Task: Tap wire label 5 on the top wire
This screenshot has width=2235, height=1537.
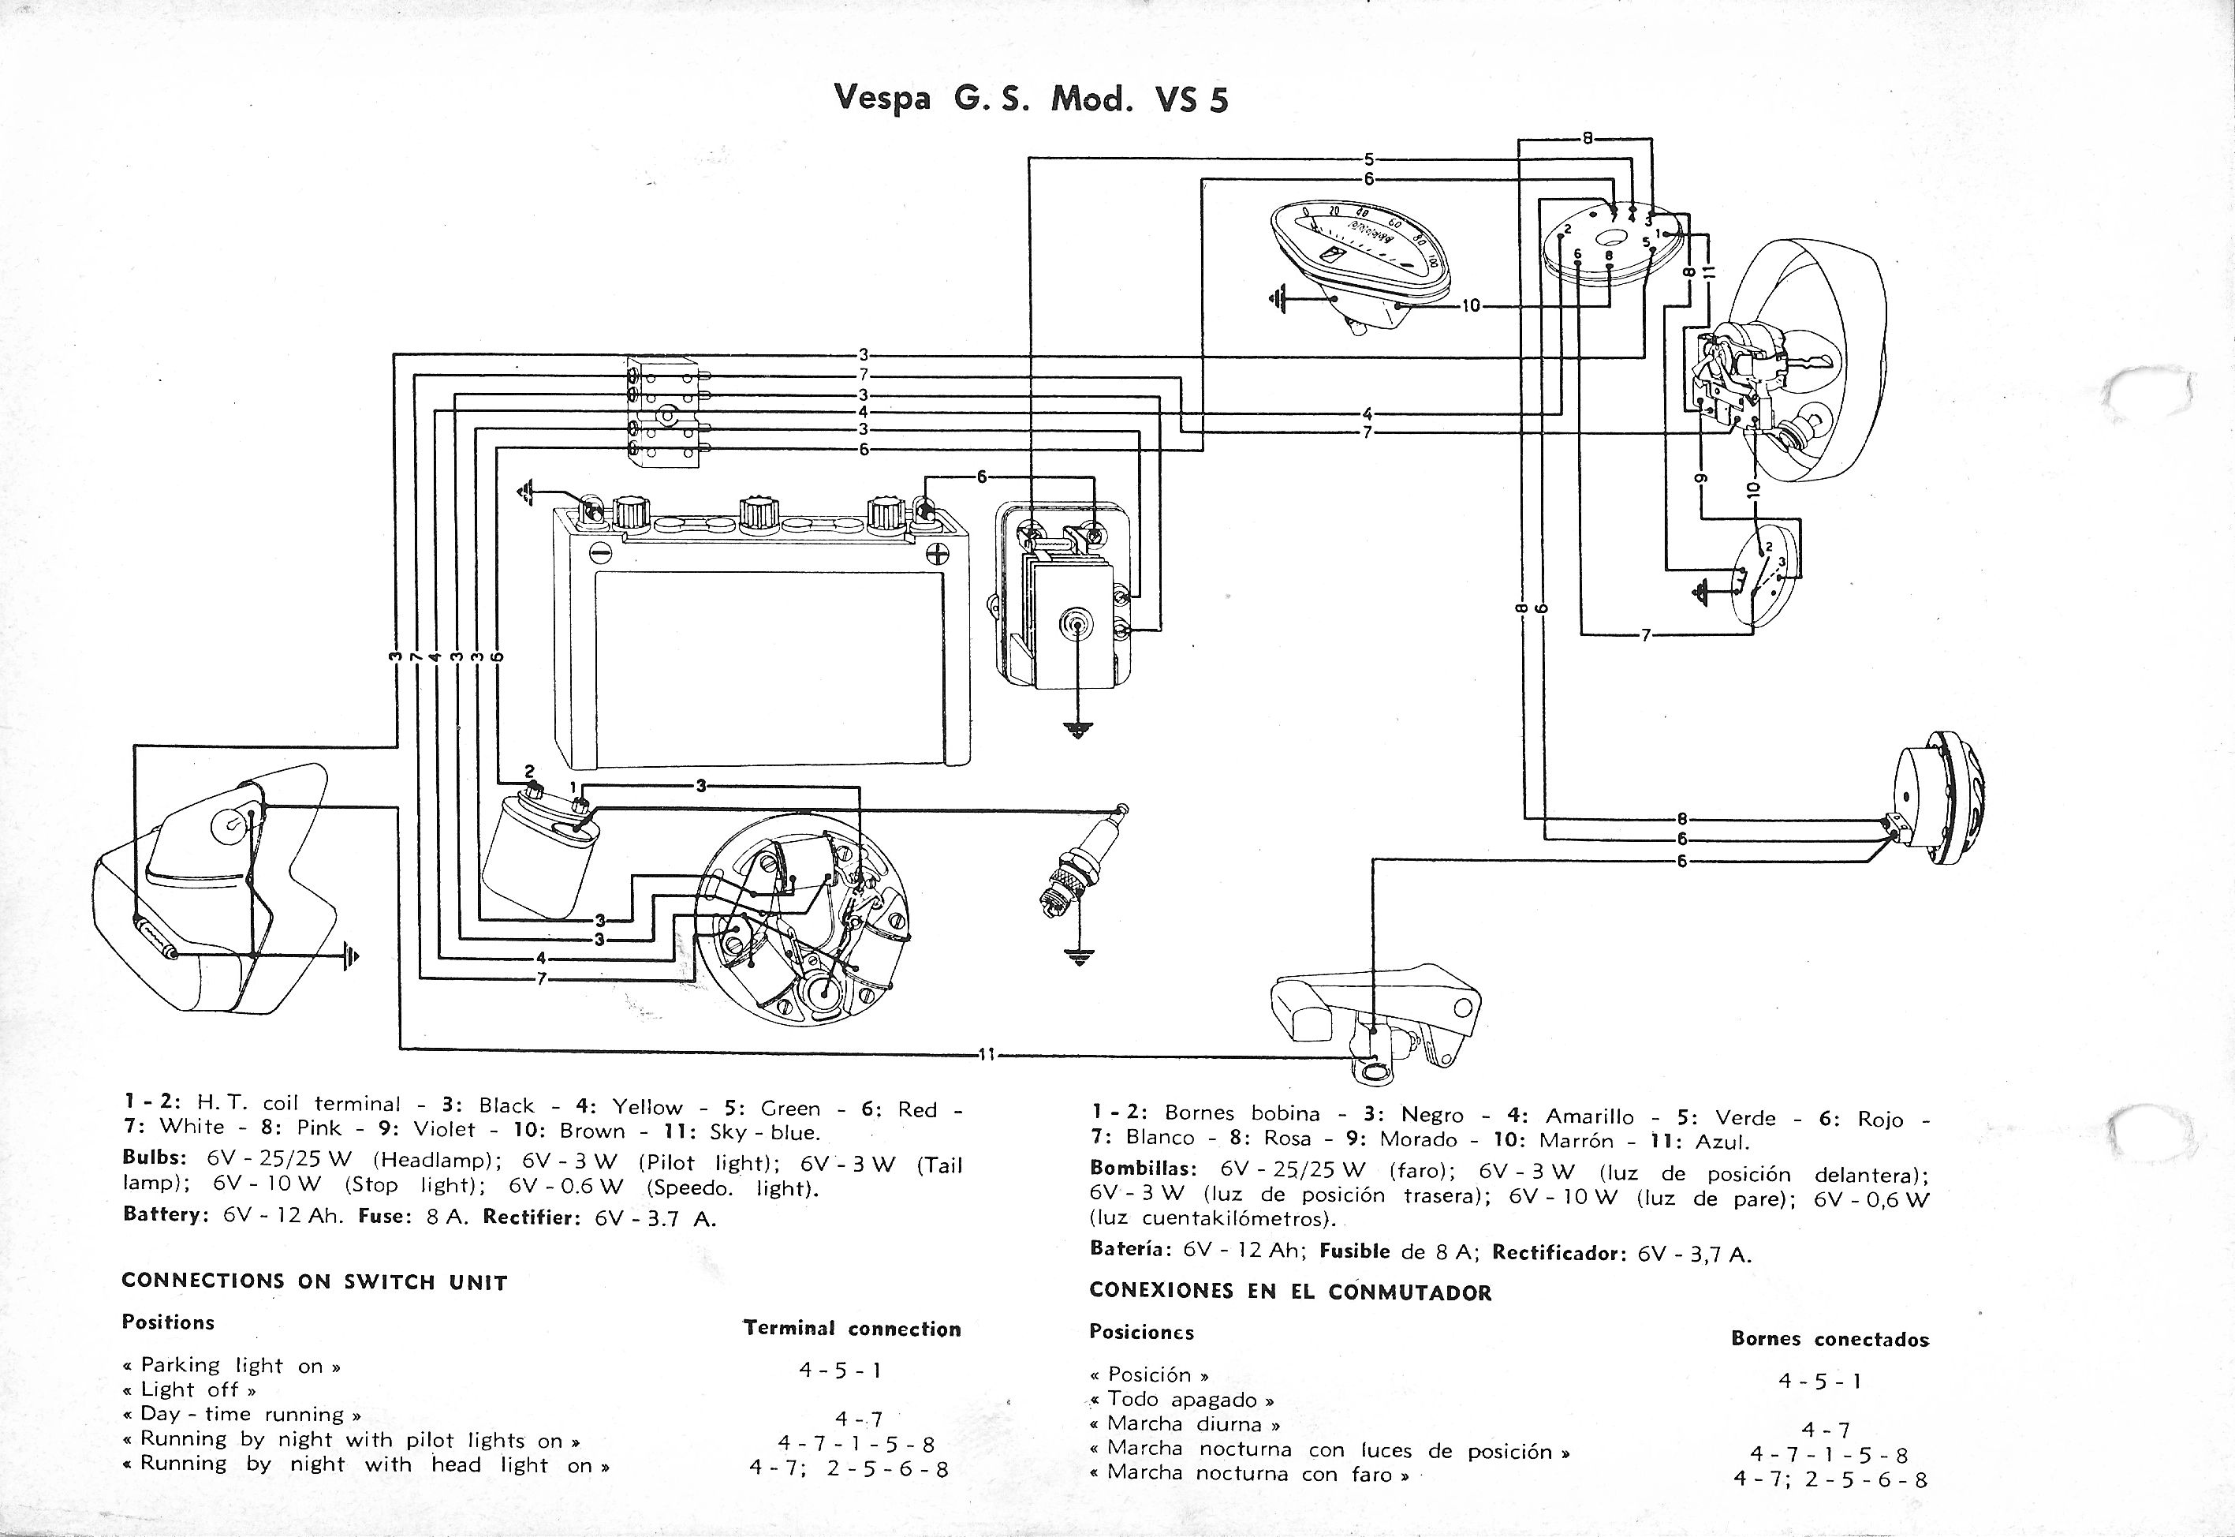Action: (x=1367, y=159)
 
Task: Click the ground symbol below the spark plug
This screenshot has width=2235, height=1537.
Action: (x=1079, y=957)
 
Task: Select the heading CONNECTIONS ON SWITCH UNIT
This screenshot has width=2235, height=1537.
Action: (x=314, y=1282)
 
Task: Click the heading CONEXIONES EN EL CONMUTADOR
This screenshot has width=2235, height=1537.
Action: (x=1289, y=1292)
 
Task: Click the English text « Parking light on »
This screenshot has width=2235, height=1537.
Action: (x=231, y=1365)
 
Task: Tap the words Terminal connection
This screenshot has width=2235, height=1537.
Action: (x=852, y=1329)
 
